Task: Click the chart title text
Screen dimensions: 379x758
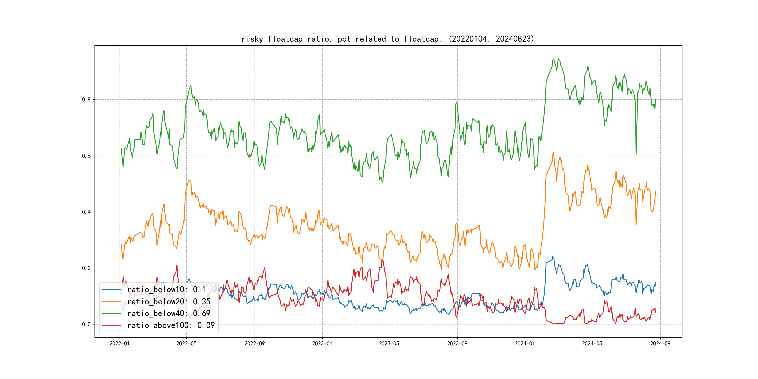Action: (387, 39)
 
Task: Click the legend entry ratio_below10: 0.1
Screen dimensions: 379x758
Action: (166, 290)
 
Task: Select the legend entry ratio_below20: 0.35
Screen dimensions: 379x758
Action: (169, 302)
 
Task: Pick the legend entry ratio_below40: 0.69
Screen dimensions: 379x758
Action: (169, 313)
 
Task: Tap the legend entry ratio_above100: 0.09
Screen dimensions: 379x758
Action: (171, 325)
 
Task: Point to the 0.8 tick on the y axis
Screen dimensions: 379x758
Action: (86, 99)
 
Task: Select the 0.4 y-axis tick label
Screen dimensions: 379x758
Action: (86, 212)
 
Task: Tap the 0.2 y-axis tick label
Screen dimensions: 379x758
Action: (86, 268)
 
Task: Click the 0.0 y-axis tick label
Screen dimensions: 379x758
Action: (86, 324)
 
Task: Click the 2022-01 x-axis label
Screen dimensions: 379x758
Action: (120, 343)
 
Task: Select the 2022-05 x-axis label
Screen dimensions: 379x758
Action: (186, 343)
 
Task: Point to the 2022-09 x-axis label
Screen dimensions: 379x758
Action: (255, 343)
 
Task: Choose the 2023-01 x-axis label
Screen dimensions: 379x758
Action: (322, 343)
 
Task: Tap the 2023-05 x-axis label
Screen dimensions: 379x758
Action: (389, 343)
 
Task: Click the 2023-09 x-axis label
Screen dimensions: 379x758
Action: (457, 343)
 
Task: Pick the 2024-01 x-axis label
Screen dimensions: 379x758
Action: (525, 343)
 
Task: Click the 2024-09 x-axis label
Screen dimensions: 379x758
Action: (660, 343)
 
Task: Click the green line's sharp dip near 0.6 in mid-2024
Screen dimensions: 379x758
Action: (636, 153)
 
